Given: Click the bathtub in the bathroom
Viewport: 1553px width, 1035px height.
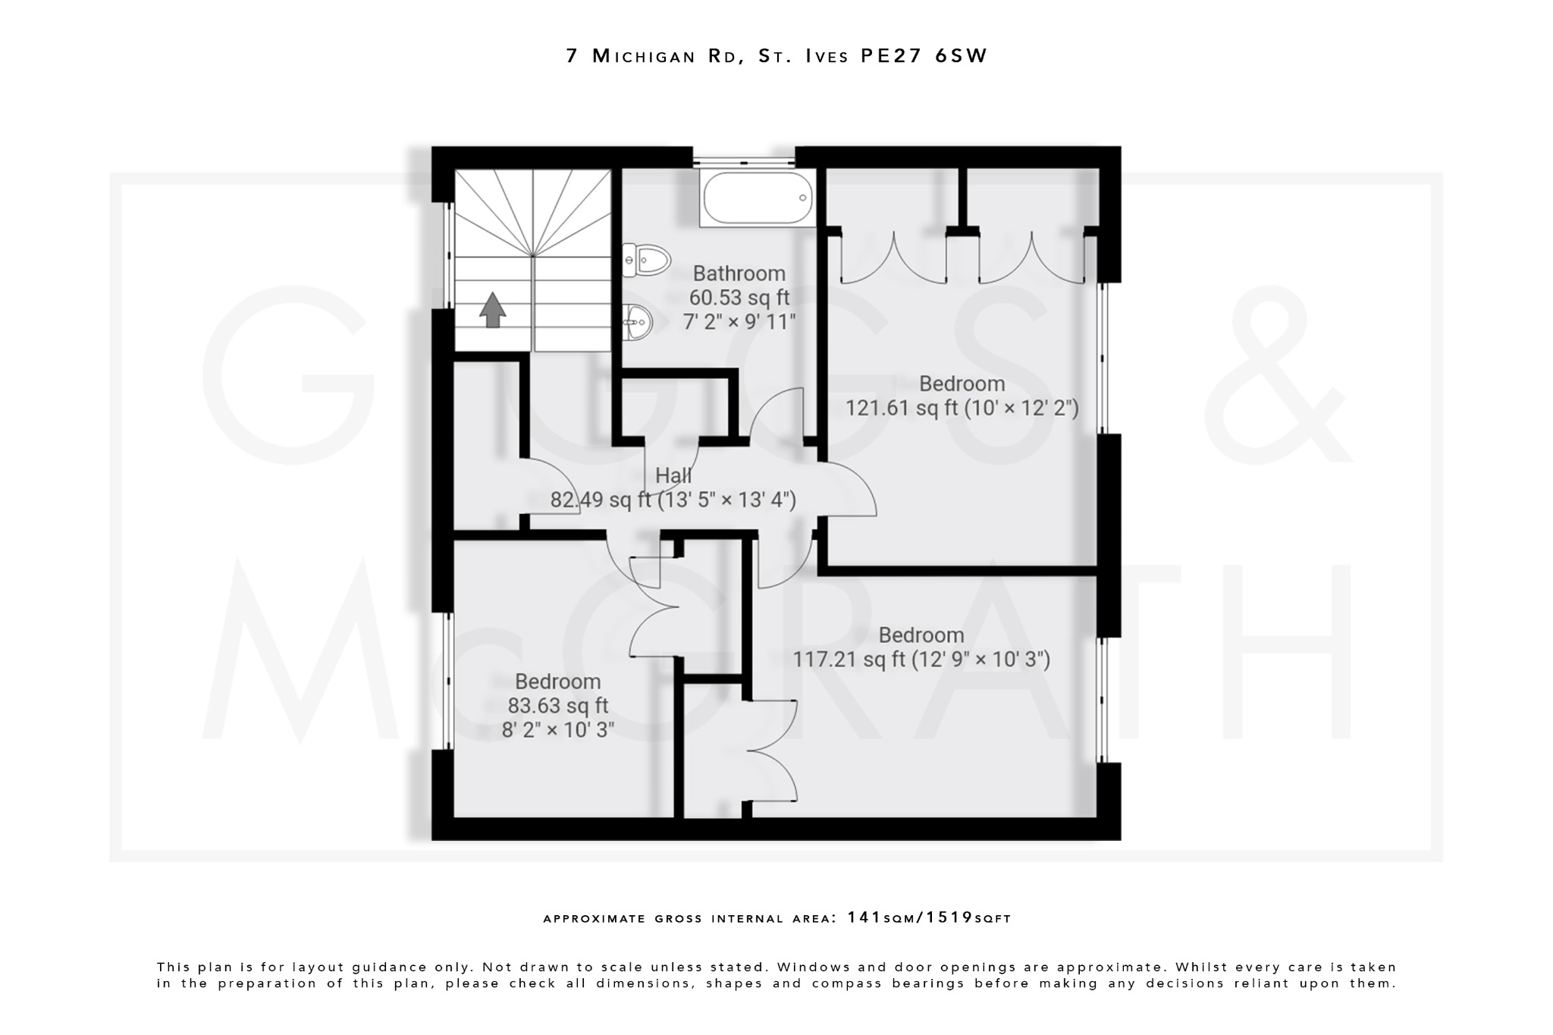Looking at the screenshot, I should (x=758, y=198).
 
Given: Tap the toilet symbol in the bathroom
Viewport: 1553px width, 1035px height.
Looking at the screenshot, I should (x=647, y=260).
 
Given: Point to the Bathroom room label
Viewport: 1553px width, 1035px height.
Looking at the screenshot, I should (x=739, y=273).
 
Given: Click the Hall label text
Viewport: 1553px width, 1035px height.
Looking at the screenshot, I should (x=673, y=475).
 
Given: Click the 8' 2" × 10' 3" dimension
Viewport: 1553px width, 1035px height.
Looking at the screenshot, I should (x=557, y=730).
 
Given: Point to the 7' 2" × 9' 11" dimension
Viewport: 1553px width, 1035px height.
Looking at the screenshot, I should (x=739, y=322).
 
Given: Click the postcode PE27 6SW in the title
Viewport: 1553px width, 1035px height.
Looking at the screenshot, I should (x=924, y=56).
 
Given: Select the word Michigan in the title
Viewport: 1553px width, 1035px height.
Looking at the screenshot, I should (x=644, y=56).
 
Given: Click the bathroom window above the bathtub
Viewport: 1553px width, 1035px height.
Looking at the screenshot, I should (x=743, y=161).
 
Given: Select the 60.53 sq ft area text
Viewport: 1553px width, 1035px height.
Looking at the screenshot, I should (x=739, y=298).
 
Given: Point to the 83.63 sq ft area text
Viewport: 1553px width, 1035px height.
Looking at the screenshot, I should (x=557, y=706).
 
